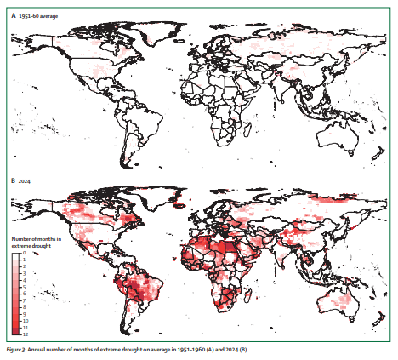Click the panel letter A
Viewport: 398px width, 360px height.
13,18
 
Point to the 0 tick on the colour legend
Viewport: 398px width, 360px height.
24,254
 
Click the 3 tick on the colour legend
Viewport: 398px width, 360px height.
24,274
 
